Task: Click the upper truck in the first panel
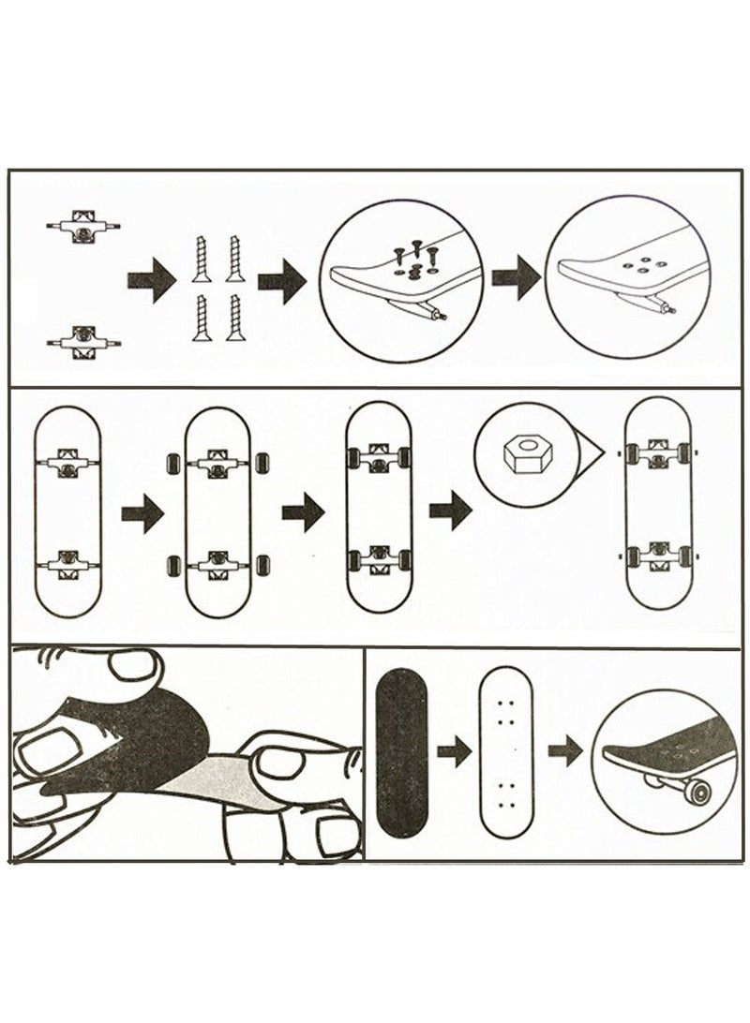(83, 227)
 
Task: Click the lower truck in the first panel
(83, 338)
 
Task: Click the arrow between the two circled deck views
(516, 279)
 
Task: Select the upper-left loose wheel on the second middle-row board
(173, 464)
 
